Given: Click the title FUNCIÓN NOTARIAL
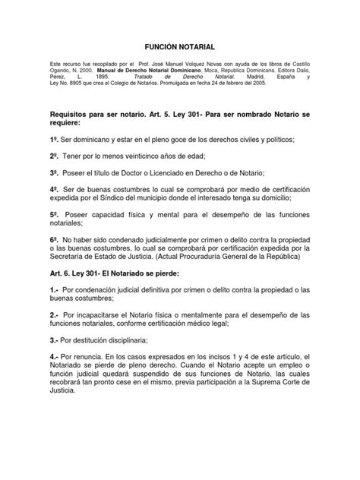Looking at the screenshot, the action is [x=180, y=46].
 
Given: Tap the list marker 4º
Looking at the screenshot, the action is [x=54, y=188].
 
